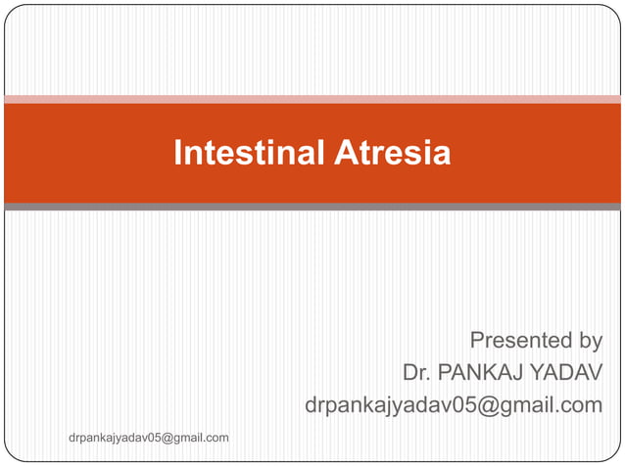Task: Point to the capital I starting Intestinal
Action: pyautogui.click(x=177, y=154)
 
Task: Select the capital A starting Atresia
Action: pyautogui.click(x=345, y=154)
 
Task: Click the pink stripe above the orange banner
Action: pyautogui.click(x=312, y=99)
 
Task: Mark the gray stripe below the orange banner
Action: pyautogui.click(x=312, y=207)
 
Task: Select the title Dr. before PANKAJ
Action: pyautogui.click(x=416, y=373)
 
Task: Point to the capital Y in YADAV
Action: pyautogui.click(x=535, y=373)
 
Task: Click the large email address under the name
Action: pyautogui.click(x=454, y=405)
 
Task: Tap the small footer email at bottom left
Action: pyautogui.click(x=149, y=438)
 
